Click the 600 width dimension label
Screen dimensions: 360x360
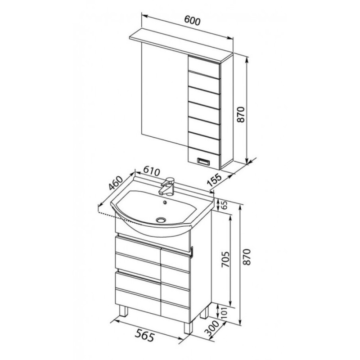pyautogui.click(x=193, y=21)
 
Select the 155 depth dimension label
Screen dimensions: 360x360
pyautogui.click(x=215, y=180)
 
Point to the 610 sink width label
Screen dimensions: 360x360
pyautogui.click(x=152, y=171)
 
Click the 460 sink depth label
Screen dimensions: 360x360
pyautogui.click(x=116, y=183)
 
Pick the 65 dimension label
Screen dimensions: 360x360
pyautogui.click(x=224, y=205)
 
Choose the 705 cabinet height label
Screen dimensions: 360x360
pyautogui.click(x=225, y=260)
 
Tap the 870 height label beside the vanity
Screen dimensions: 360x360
pyautogui.click(x=247, y=257)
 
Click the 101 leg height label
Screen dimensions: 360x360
pyautogui.click(x=225, y=312)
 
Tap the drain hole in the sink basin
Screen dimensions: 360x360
pyautogui.click(x=161, y=220)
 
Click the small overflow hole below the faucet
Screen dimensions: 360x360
pyautogui.click(x=164, y=202)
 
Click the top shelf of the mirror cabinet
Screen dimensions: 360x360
pyautogui.click(x=181, y=46)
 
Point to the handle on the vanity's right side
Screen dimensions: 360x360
pyautogui.click(x=192, y=252)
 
